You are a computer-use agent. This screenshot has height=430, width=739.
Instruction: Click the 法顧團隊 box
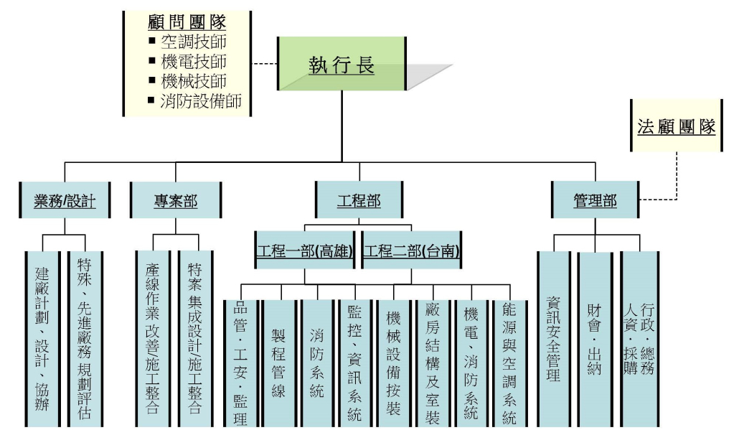click(677, 126)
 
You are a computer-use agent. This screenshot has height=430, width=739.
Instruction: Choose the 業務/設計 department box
click(65, 201)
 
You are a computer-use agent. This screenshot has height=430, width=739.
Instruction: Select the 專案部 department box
click(176, 201)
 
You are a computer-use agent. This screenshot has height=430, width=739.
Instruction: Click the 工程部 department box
click(359, 201)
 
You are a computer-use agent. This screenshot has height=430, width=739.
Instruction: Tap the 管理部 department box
click(595, 201)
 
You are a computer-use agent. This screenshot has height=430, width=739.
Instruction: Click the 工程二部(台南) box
click(412, 252)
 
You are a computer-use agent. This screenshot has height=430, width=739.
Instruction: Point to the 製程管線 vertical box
click(278, 363)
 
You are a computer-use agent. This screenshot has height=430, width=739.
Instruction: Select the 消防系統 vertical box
click(316, 363)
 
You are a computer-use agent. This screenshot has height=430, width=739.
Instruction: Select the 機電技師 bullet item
click(194, 62)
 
